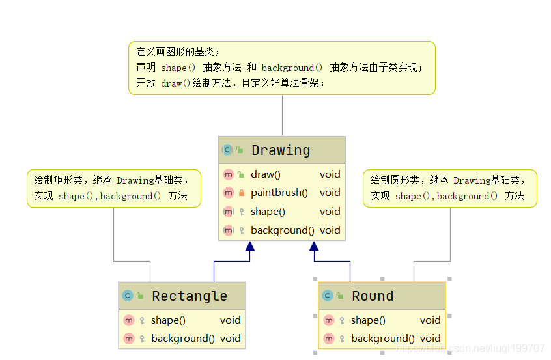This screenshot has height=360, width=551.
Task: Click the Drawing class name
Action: tap(281, 150)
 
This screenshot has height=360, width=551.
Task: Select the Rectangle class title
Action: tap(190, 296)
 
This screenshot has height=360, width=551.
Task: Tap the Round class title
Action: tap(373, 296)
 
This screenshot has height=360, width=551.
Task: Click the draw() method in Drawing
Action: tap(266, 174)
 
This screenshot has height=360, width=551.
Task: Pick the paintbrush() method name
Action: tap(279, 193)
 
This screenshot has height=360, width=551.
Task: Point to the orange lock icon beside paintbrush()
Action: tap(242, 193)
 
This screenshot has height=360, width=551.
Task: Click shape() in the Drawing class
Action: tap(268, 212)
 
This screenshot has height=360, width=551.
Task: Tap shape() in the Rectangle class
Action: tap(168, 320)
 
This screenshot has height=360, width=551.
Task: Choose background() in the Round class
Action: tap(383, 339)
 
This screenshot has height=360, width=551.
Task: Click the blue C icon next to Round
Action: tap(328, 296)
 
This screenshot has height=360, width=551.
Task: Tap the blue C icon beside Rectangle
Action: tap(128, 296)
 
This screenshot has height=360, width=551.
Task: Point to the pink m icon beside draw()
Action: tap(229, 174)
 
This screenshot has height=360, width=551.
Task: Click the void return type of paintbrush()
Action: tap(330, 193)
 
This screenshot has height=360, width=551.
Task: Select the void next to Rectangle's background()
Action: tap(230, 339)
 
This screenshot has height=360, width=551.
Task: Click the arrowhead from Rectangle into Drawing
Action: tap(250, 246)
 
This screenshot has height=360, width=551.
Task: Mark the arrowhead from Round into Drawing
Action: tap(314, 246)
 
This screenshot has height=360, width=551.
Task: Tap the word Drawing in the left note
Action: tap(135, 180)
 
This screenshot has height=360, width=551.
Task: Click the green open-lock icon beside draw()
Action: tap(241, 174)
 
